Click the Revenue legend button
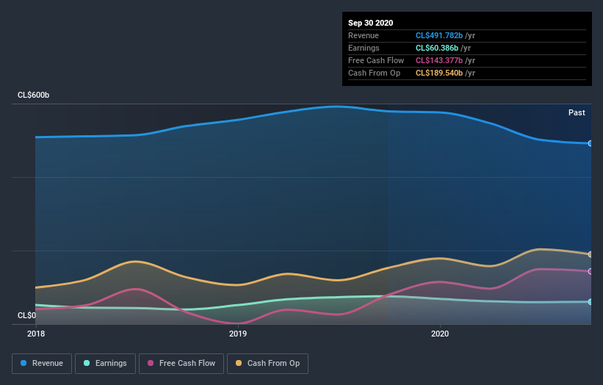[43, 363]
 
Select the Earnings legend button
[106, 363]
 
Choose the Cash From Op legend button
[268, 363]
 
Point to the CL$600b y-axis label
[34, 96]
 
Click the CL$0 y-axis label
[26, 315]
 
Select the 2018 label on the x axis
[35, 334]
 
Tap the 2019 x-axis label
[238, 334]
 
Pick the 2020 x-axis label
[440, 334]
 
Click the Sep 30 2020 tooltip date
[371, 23]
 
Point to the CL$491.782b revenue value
[440, 35]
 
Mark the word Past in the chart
[577, 112]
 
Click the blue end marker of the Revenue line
[590, 143]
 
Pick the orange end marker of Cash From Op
[590, 254]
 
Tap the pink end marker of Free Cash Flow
[590, 271]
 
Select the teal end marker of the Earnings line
[590, 301]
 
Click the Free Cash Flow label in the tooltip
[376, 60]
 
